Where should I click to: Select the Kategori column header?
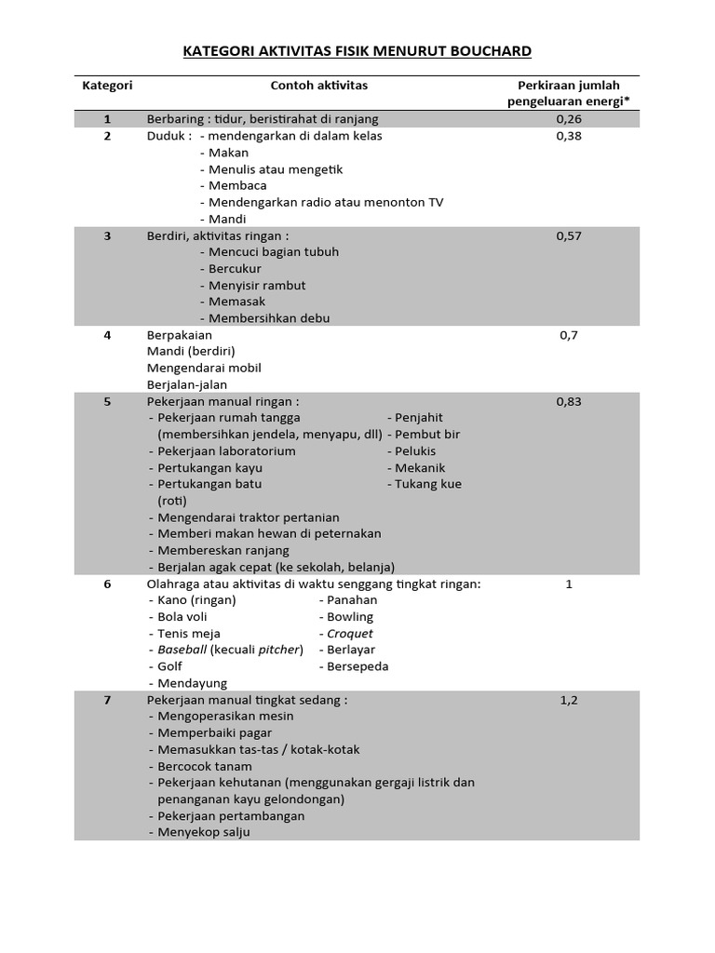coord(107,86)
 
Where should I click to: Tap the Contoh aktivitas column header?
coord(318,86)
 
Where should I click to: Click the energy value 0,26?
coord(569,119)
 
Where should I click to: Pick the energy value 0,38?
coord(569,136)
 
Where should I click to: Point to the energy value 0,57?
coord(569,236)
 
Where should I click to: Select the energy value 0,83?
coord(569,402)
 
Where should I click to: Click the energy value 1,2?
coord(569,701)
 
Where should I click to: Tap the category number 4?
coord(107,335)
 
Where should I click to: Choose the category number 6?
coord(107,584)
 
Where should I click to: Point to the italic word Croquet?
coord(349,634)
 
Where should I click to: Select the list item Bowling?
coord(349,617)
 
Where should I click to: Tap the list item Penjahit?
coord(418,418)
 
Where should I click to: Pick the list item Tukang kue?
coord(427,484)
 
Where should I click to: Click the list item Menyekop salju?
coord(203,833)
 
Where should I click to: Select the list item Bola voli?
coord(182,617)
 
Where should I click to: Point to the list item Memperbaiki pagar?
coord(214,732)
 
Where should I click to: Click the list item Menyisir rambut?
coord(256,286)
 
